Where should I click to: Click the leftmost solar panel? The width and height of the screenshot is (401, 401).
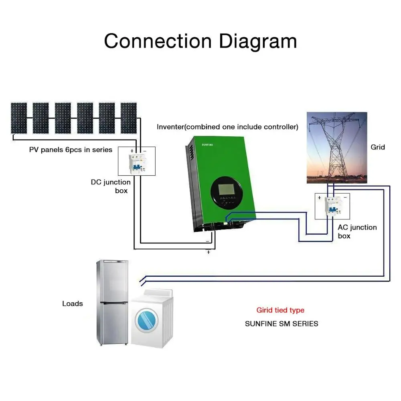19,118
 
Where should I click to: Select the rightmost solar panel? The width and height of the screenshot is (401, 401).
129,118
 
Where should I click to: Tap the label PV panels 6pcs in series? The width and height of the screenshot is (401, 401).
71,150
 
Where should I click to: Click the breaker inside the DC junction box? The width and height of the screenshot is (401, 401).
137,164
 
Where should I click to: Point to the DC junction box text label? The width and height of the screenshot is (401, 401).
111,186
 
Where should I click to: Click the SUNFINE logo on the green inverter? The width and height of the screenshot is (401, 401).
207,145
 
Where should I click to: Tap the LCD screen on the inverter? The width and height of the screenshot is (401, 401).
226,189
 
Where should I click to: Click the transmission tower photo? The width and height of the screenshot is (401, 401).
337,148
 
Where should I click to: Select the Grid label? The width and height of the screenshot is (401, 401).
378,147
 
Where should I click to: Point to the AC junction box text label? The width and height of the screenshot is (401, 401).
357,231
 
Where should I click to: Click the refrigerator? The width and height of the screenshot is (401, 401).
112,302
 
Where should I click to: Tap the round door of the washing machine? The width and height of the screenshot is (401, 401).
146,320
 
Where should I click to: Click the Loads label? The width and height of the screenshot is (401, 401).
73,304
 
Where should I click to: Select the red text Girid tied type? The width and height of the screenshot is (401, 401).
280,310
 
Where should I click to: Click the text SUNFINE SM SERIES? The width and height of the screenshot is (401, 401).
282,324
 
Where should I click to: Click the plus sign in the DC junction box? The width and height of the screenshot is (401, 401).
132,151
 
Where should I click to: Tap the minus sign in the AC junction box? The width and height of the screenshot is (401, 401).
345,197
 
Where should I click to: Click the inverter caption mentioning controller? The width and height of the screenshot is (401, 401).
227,127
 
